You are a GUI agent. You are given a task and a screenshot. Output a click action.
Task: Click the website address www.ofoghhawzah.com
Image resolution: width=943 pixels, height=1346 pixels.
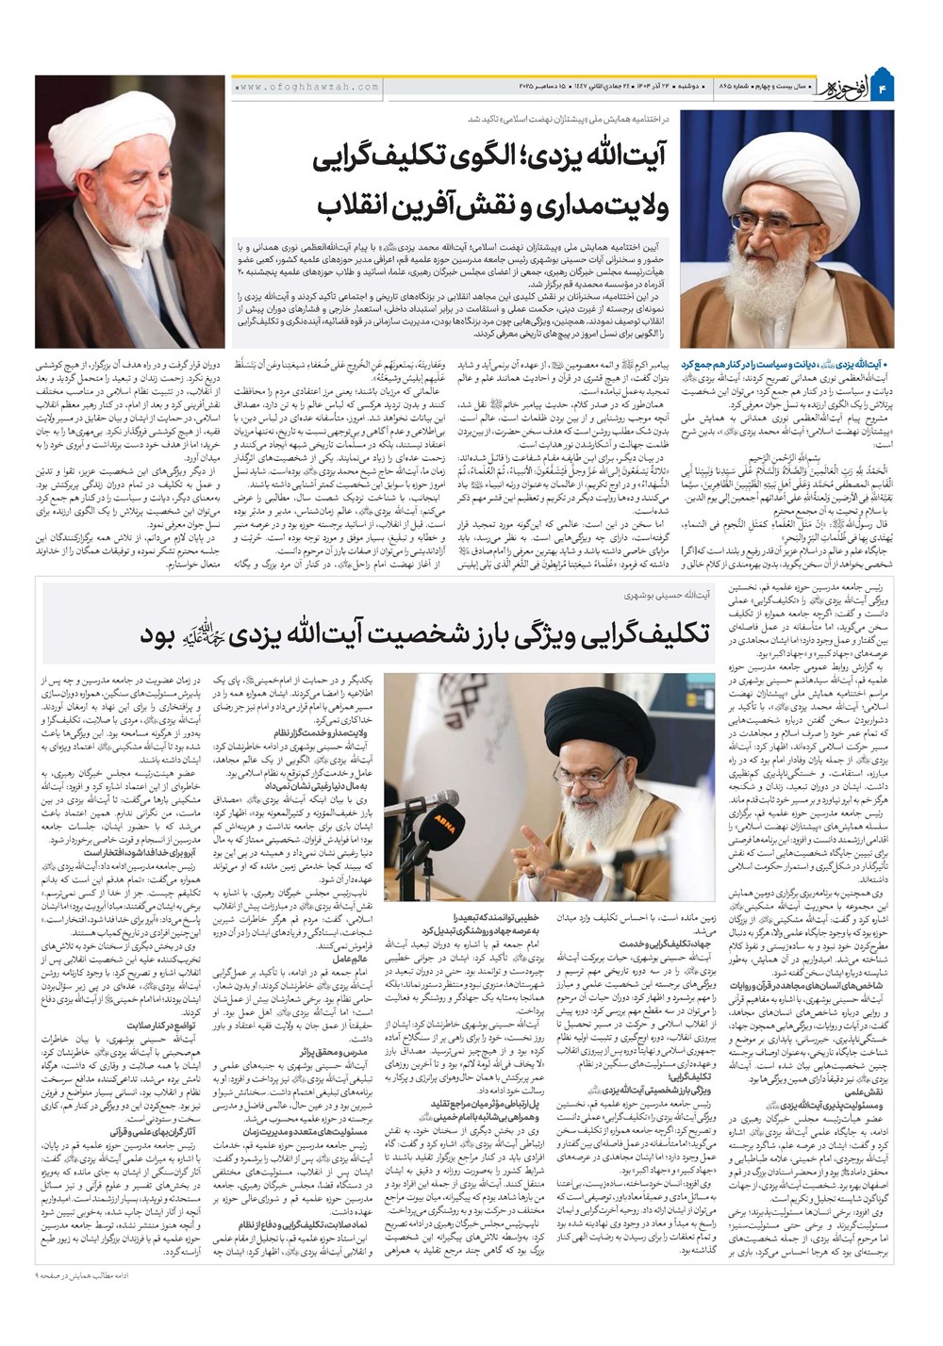point(306,87)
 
